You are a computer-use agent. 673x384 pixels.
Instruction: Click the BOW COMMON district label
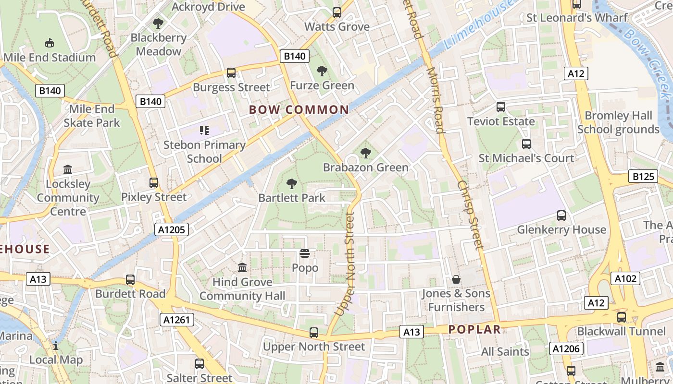click(x=299, y=110)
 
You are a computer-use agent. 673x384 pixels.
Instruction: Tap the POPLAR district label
click(x=474, y=330)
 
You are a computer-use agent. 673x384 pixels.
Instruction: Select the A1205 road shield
click(x=172, y=230)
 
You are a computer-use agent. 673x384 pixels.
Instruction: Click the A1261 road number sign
click(x=178, y=320)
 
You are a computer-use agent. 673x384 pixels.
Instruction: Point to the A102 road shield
click(x=625, y=278)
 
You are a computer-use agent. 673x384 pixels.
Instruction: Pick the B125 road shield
click(x=643, y=177)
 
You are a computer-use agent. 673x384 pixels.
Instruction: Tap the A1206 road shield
click(x=567, y=348)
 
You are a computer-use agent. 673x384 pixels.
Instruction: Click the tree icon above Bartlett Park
click(x=291, y=183)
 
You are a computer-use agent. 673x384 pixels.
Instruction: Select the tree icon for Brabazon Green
click(x=366, y=153)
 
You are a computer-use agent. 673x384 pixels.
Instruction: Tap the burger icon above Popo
click(x=305, y=253)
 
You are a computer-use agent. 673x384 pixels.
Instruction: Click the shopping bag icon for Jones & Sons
click(x=456, y=279)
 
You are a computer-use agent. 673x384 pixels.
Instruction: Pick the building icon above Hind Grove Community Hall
click(x=242, y=267)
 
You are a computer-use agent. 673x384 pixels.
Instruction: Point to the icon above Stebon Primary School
click(x=204, y=130)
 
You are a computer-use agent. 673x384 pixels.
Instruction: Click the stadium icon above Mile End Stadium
click(x=49, y=43)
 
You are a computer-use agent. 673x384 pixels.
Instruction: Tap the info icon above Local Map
click(x=56, y=346)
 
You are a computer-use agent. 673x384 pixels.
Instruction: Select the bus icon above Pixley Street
click(x=154, y=183)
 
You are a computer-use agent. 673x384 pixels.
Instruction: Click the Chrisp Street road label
click(x=470, y=215)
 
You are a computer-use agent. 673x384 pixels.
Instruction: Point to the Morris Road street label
click(x=435, y=99)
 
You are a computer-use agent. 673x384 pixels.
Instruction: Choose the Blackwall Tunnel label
click(x=622, y=331)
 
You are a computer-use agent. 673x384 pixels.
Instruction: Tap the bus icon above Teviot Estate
click(x=501, y=107)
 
